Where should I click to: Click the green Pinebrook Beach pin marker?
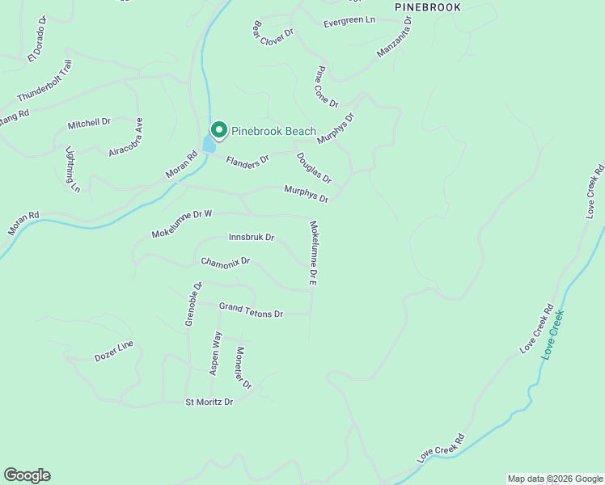(x=218, y=129)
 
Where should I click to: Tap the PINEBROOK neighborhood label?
(x=429, y=7)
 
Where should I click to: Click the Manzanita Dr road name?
(x=395, y=42)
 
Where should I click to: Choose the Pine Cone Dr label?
(x=327, y=86)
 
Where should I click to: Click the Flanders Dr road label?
(x=247, y=162)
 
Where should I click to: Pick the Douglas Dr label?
(x=314, y=167)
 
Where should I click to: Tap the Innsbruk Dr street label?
(x=252, y=238)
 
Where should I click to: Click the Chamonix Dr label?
(x=226, y=262)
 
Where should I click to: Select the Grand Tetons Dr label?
(x=251, y=310)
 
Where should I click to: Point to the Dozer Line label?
(x=114, y=350)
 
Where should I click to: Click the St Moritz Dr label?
(x=209, y=402)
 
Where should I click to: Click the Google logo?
(x=27, y=475)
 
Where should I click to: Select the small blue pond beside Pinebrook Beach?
(x=209, y=145)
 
